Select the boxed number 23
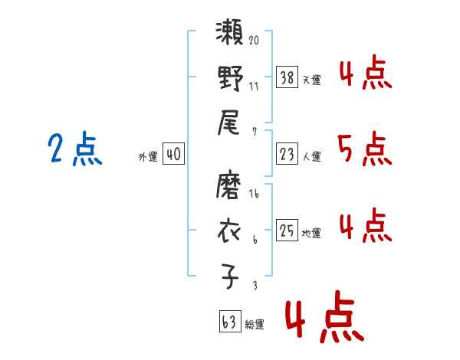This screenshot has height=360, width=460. [x=287, y=154]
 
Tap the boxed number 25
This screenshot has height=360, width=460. [x=287, y=230]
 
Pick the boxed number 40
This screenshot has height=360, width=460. [x=173, y=154]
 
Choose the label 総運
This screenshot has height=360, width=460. [x=255, y=324]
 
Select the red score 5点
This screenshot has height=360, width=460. [x=365, y=149]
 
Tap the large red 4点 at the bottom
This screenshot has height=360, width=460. [x=322, y=320]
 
